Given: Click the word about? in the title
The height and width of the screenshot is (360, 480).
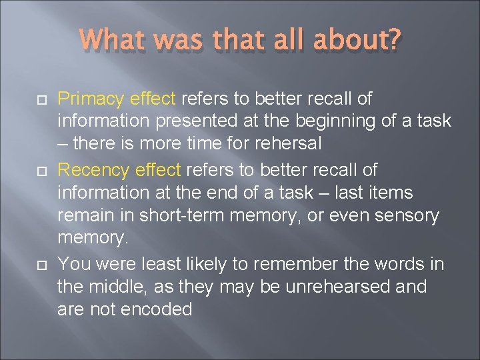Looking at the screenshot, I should (359, 42).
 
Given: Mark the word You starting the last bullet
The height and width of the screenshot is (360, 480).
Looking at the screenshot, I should (71, 264).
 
